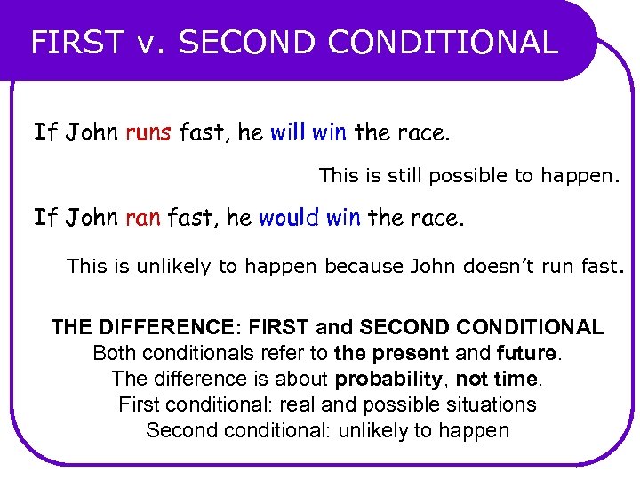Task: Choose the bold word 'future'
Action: pos(526,354)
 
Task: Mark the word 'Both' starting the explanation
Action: pos(113,354)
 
